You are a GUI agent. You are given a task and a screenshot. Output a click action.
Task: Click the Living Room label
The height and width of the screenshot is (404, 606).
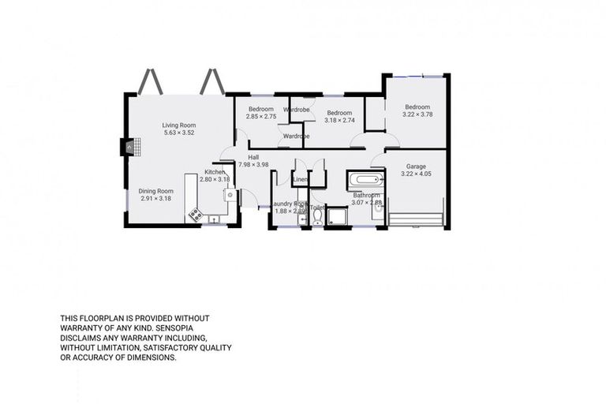[179, 125]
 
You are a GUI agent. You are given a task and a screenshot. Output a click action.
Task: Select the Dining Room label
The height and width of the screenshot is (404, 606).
[155, 191]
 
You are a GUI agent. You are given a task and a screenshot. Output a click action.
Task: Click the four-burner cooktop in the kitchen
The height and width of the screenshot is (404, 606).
[195, 214]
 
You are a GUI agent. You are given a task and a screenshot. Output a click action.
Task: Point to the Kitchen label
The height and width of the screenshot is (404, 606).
[215, 172]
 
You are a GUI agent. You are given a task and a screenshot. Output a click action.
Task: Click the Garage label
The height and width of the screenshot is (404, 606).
[416, 166]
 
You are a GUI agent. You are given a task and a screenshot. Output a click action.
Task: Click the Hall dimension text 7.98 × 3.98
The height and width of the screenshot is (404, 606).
[253, 165]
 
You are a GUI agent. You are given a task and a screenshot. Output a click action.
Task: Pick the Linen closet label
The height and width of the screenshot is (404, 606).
[301, 181]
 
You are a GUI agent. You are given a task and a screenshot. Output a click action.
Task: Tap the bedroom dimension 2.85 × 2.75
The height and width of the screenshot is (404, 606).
[261, 117]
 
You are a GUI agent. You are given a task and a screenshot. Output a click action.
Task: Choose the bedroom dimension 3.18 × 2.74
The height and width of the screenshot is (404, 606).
[340, 120]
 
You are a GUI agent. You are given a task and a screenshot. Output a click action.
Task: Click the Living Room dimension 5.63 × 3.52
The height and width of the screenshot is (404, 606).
[179, 133]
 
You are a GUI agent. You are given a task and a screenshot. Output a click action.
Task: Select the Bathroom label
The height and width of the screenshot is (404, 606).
[366, 195]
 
